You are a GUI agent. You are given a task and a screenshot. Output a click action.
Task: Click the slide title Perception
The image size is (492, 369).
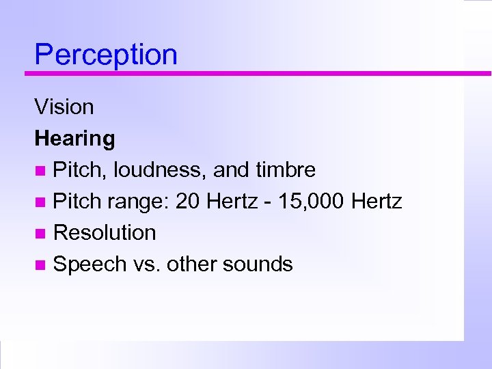point(106,55)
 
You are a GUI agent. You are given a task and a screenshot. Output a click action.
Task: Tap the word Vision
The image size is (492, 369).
point(64,107)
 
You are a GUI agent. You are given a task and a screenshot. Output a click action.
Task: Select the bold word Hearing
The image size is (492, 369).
point(74,139)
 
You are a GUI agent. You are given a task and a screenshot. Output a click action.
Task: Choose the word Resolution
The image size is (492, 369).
point(105,232)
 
